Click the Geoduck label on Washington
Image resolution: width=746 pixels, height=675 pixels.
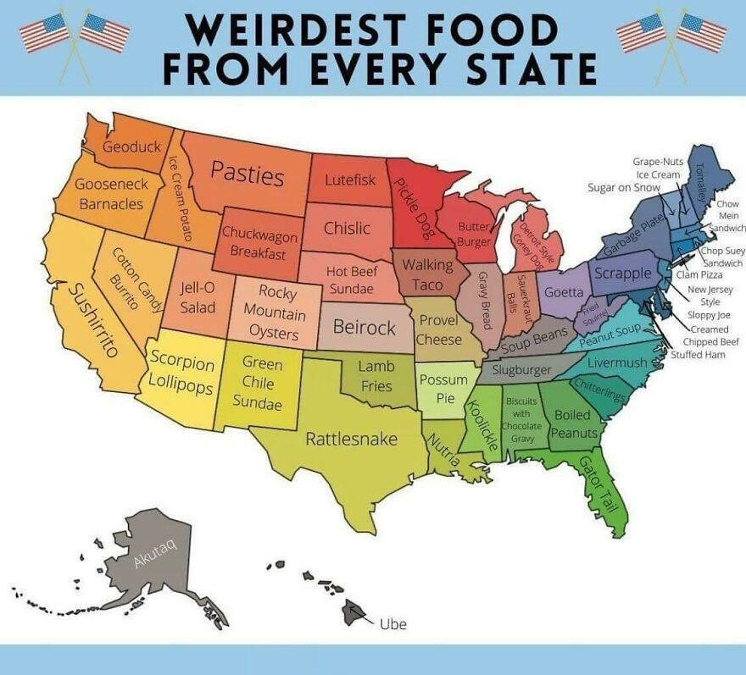coord(131,147)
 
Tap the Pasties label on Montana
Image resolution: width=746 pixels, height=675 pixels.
coord(247,174)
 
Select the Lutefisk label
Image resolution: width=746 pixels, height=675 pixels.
coord(349,180)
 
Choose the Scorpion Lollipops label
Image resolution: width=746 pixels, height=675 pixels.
coord(181,371)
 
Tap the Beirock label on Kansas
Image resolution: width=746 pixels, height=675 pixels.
coord(364,327)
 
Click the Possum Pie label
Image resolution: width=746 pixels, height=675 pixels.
coord(443,389)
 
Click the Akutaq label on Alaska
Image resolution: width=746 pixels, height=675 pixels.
coord(154,551)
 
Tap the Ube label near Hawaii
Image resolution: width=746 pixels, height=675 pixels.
coord(392,624)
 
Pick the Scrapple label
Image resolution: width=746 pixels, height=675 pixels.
coord(623,273)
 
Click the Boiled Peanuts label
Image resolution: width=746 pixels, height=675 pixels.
coord(574,424)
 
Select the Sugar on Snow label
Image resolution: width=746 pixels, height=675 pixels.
coord(623,187)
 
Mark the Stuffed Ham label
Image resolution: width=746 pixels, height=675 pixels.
coord(698,354)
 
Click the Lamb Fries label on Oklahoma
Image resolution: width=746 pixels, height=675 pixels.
coord(376,376)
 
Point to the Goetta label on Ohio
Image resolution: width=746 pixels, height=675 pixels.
coord(563,292)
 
